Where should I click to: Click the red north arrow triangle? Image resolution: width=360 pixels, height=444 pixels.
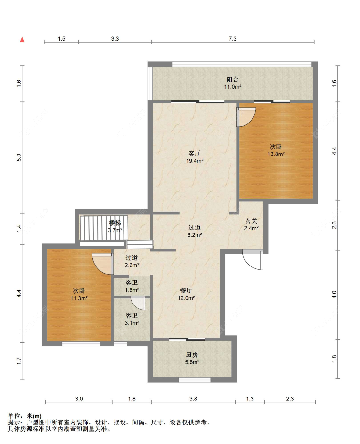(22, 40)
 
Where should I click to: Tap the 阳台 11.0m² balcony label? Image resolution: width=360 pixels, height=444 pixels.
(232, 83)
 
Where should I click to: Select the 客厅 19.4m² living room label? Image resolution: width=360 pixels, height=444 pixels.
(195, 157)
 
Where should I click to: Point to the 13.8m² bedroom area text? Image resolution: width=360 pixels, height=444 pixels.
(276, 154)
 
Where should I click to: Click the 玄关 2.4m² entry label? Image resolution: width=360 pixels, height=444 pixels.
(251, 225)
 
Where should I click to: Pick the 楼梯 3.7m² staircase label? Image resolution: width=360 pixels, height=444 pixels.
(115, 226)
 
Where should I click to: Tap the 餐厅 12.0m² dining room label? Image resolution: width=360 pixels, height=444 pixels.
(186, 294)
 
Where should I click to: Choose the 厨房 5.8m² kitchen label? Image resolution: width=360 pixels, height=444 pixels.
(192, 358)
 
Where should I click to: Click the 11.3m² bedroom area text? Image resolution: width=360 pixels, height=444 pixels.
(79, 298)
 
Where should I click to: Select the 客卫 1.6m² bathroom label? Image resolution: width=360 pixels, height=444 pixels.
(132, 286)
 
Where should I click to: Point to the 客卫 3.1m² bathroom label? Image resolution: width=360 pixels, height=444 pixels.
(132, 319)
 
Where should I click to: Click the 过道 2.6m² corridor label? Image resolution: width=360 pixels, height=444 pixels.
(132, 262)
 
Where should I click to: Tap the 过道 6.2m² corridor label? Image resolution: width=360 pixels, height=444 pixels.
(195, 231)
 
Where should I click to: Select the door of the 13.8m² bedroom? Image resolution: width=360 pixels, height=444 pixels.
(246, 117)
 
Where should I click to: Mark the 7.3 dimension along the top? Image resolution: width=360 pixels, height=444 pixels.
(232, 39)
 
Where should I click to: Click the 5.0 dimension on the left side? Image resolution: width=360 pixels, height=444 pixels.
(19, 157)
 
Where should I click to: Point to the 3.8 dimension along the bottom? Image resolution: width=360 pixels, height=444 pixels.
(193, 399)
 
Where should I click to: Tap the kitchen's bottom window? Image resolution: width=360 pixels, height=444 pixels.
(195, 380)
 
